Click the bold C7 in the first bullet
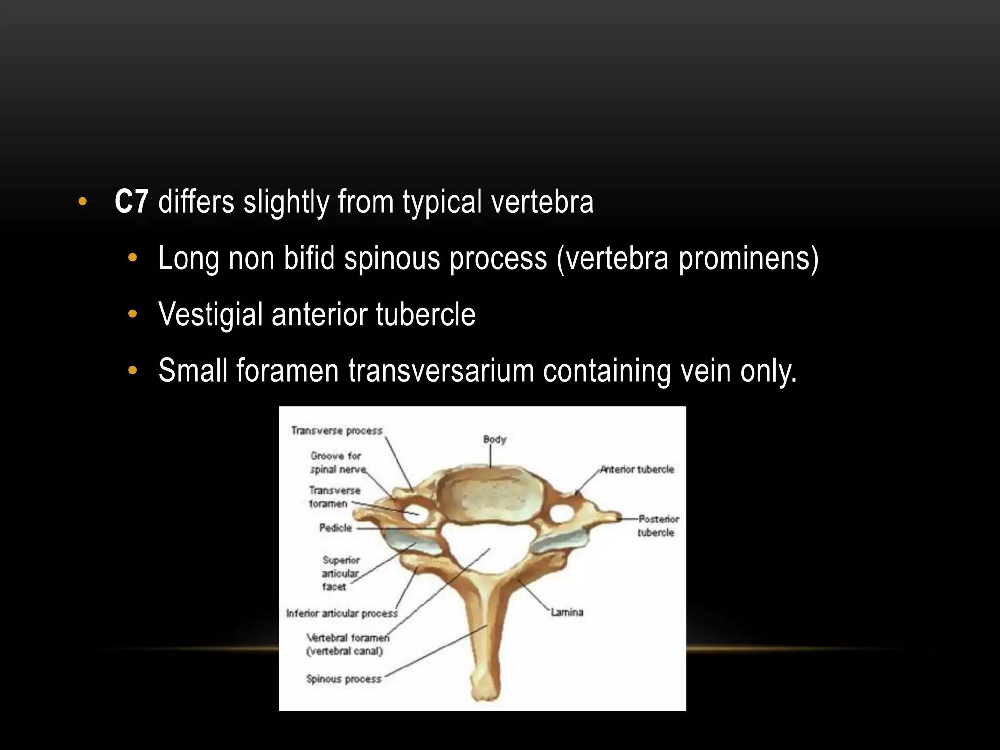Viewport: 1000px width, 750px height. pyautogui.click(x=131, y=202)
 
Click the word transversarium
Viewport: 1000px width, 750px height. pyautogui.click(x=441, y=371)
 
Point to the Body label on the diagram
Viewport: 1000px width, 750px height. pyautogui.click(x=495, y=439)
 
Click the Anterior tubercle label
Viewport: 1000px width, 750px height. pyautogui.click(x=637, y=469)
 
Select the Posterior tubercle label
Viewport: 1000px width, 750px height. pyautogui.click(x=657, y=525)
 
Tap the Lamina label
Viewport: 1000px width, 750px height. pyautogui.click(x=567, y=612)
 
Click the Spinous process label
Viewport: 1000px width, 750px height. pyautogui.click(x=343, y=679)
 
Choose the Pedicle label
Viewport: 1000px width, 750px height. pyautogui.click(x=335, y=528)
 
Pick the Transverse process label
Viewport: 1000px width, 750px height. pyautogui.click(x=337, y=431)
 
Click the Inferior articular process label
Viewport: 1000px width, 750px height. pyautogui.click(x=342, y=613)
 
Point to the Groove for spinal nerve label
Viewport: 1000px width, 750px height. pyautogui.click(x=337, y=462)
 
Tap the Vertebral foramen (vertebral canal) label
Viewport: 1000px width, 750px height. pyautogui.click(x=347, y=644)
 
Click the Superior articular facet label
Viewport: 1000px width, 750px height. pyautogui.click(x=340, y=573)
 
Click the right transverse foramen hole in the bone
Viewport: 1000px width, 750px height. pyautogui.click(x=562, y=514)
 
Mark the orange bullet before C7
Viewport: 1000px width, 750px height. pyautogui.click(x=83, y=201)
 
